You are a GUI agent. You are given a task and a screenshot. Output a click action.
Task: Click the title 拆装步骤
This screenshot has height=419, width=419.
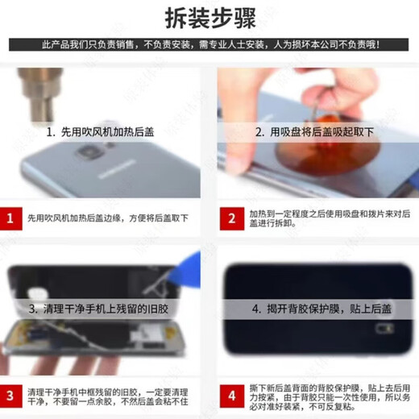pyautogui.click(x=209, y=17)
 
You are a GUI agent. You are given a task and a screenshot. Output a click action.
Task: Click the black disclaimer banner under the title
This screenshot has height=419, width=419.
pyautogui.click(x=209, y=44)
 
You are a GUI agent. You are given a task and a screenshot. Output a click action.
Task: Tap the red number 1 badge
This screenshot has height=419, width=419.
pyautogui.click(x=10, y=218)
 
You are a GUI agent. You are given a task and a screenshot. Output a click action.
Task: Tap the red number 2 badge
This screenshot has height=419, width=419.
pyautogui.click(x=232, y=218)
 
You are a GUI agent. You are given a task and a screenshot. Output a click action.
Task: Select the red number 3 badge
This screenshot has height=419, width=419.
pyautogui.click(x=10, y=396)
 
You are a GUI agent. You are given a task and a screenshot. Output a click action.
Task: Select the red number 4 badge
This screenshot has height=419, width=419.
pyautogui.click(x=232, y=396)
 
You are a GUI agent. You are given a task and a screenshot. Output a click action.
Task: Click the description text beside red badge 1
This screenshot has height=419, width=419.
pyautogui.click(x=108, y=218)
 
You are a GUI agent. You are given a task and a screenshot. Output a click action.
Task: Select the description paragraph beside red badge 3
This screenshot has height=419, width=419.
pyautogui.click(x=108, y=396)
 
